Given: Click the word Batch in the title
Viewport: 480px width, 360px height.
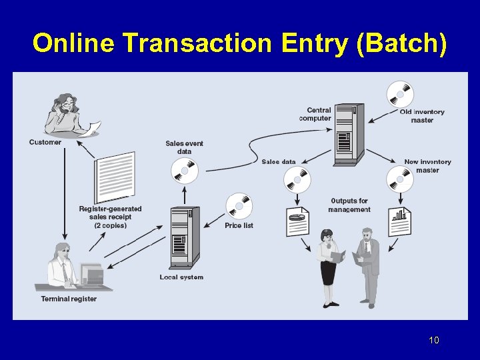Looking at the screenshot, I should [x=401, y=43].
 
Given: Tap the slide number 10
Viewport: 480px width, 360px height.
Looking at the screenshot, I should [x=434, y=341].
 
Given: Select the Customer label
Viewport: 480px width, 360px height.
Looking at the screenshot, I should [x=45, y=142].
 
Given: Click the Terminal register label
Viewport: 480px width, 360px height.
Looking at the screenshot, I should [x=69, y=299].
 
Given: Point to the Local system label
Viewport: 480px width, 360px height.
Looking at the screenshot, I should [x=181, y=277].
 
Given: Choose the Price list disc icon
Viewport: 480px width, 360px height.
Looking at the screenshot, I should [x=239, y=206].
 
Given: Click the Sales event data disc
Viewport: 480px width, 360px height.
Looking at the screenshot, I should [x=185, y=171].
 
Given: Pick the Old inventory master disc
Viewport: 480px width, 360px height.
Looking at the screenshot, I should [x=401, y=94].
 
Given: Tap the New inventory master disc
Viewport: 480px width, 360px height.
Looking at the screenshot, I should [x=400, y=179].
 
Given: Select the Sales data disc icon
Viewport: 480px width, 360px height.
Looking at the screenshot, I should [x=297, y=179].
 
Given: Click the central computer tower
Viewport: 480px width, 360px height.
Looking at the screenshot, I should [x=349, y=134].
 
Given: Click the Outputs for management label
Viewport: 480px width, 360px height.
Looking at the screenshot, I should [x=349, y=205].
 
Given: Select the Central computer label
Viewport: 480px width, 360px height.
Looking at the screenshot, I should [x=315, y=114].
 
